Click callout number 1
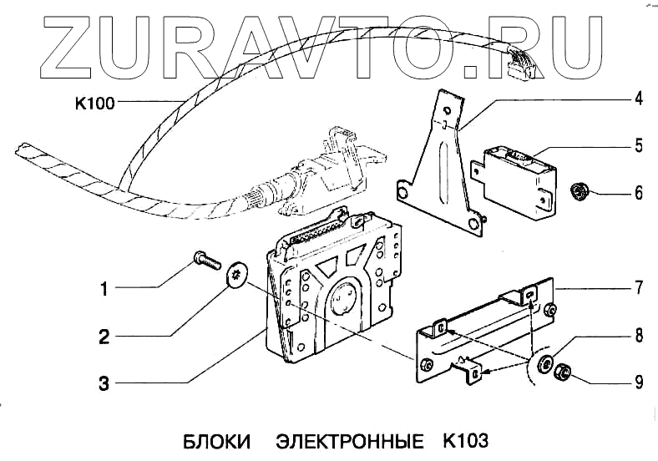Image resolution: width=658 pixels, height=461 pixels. pos(104,291)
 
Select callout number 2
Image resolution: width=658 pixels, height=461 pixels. pos(104,337)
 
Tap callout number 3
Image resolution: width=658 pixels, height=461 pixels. pos(104,384)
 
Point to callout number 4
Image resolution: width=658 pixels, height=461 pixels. pos(637,99)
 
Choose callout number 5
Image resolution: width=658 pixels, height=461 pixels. pos(637,146)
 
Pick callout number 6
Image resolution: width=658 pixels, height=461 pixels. pos(637,194)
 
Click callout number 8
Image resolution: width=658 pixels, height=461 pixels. pos(637,337)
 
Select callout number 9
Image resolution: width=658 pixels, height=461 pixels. pos(637,383)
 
